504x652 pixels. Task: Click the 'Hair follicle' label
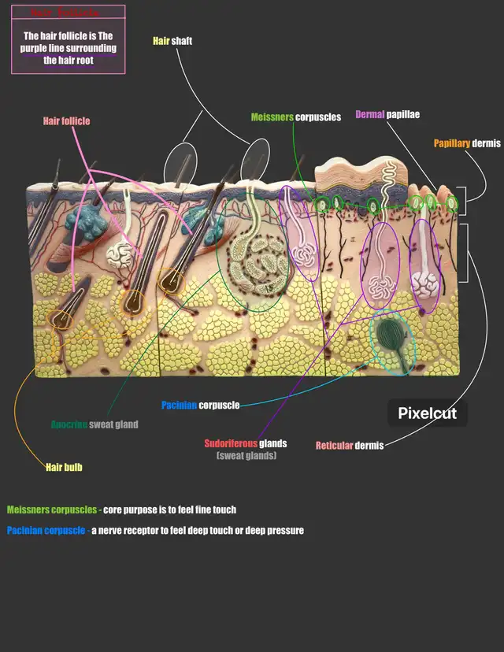point(66,121)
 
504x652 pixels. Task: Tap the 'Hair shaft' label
point(172,40)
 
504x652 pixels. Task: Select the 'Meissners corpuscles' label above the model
point(295,117)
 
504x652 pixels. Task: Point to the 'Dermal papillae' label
point(387,115)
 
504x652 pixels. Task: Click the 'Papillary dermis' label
point(468,144)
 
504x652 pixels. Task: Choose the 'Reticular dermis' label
point(349,446)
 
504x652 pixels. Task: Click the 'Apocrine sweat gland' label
point(94,425)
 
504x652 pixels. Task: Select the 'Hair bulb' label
point(64,467)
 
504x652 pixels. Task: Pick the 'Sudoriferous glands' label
point(245,443)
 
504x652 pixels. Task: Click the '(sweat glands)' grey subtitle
point(246,456)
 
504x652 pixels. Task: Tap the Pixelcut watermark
point(428,413)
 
